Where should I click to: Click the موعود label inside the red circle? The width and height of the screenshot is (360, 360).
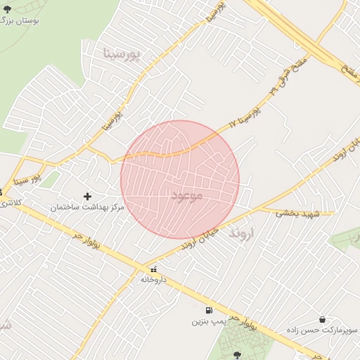[x=187, y=195]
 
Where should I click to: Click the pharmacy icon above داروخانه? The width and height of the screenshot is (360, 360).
[x=153, y=269]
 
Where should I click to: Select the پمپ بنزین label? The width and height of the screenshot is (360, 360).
[x=209, y=321]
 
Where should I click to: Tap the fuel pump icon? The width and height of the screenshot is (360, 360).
[x=209, y=310]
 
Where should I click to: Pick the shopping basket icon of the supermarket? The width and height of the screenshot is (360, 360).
[x=322, y=319]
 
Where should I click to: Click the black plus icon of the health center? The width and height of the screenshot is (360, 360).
[x=87, y=196]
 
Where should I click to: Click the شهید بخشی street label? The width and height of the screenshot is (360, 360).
[x=297, y=212]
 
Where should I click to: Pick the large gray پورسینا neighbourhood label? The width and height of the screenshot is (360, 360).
[x=122, y=53]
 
